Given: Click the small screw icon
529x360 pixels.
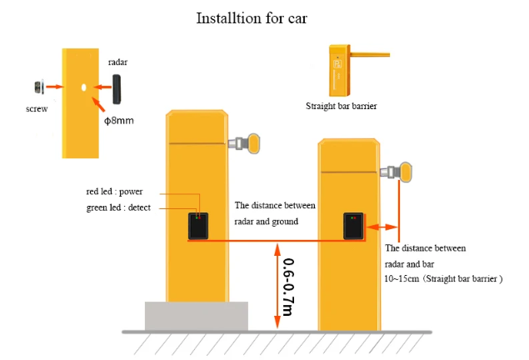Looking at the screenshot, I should (38, 87).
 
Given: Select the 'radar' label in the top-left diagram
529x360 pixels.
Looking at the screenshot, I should (117, 62).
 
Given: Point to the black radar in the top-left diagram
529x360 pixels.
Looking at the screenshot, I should (117, 86).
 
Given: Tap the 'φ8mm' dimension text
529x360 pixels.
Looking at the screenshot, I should (118, 121).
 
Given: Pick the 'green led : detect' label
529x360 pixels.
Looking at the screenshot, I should (118, 207).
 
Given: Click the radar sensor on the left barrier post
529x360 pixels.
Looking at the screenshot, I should (197, 226).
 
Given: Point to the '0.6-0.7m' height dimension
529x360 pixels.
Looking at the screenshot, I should (287, 287).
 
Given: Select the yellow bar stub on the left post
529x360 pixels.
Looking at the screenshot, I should (249, 142).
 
